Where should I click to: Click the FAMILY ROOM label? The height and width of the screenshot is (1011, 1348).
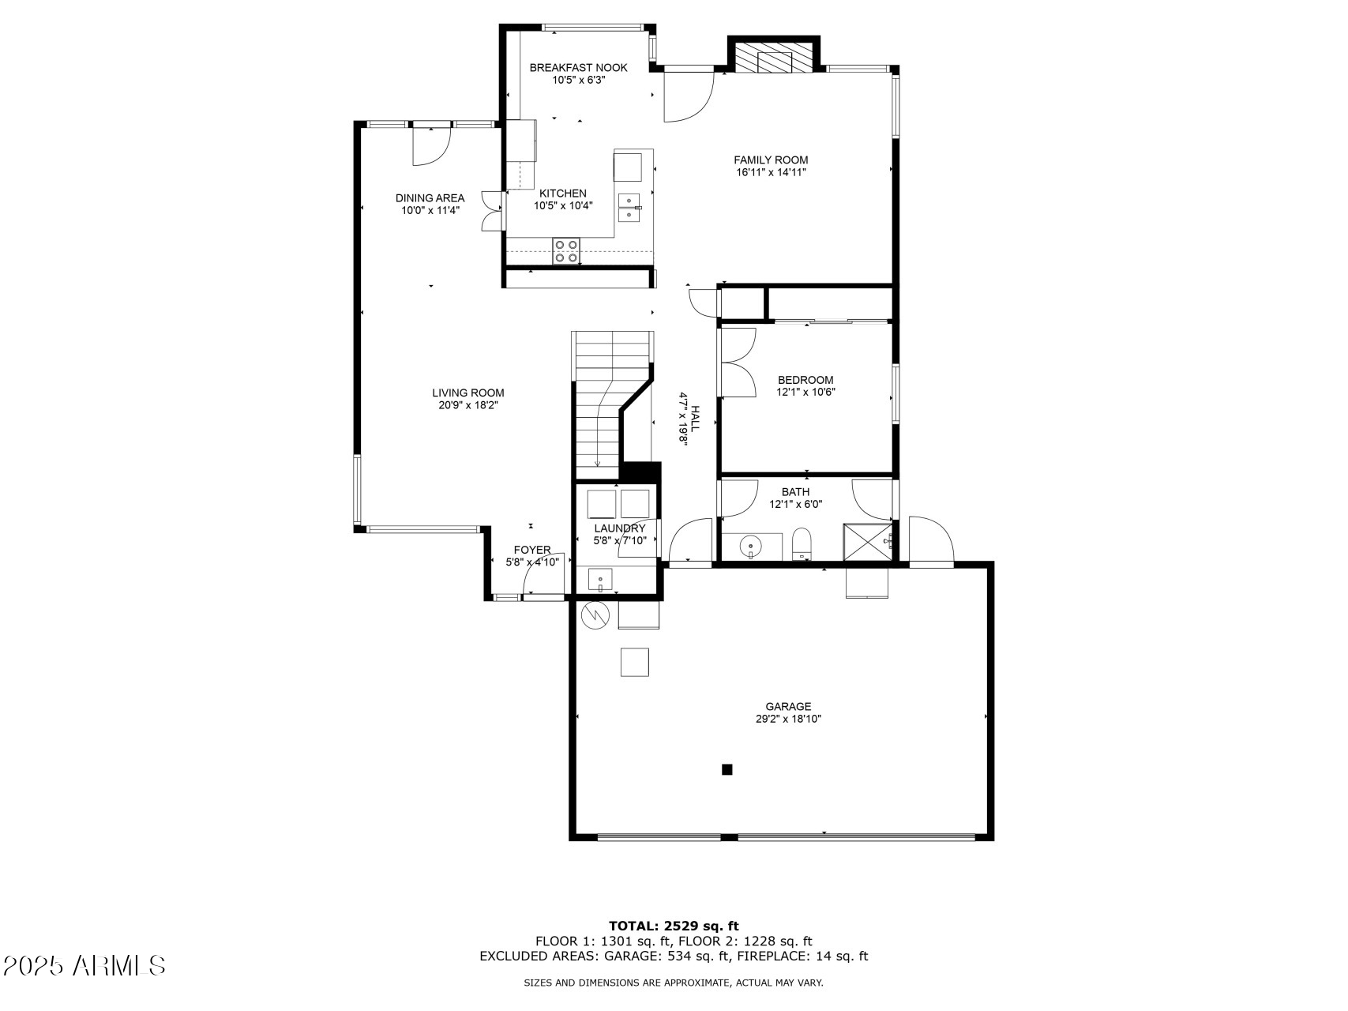[x=771, y=160]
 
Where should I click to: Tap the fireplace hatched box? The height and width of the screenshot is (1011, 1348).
[x=773, y=57]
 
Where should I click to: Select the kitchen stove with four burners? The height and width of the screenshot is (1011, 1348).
[x=565, y=251]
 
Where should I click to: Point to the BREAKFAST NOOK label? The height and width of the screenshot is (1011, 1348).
[x=578, y=68]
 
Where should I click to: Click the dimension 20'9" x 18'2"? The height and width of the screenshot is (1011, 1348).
[x=468, y=405]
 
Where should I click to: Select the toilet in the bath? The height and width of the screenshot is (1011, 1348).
[x=802, y=544]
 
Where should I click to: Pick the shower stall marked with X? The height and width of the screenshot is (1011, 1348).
[x=865, y=541]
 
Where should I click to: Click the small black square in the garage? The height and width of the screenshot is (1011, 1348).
[x=727, y=769]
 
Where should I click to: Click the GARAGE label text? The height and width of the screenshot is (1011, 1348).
[x=787, y=706]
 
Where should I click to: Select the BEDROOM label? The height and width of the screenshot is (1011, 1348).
[x=805, y=380]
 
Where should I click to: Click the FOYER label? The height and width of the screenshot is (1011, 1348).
[x=531, y=550]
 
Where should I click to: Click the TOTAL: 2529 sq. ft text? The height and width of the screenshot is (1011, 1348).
[x=674, y=926]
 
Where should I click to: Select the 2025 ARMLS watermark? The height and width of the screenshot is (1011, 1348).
[x=84, y=965]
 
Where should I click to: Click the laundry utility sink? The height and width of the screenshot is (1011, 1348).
[x=600, y=581]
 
